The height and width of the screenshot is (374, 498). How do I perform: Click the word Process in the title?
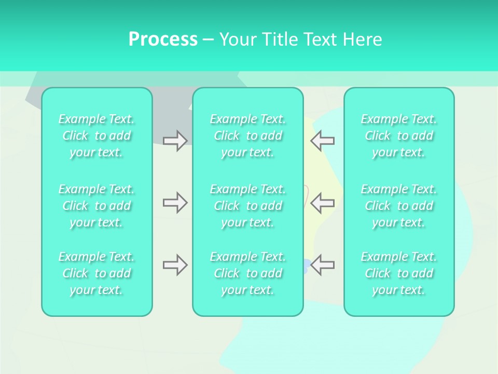(x=163, y=39)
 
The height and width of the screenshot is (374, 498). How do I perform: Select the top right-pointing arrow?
(x=175, y=141)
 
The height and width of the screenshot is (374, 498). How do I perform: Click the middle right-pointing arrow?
(x=175, y=203)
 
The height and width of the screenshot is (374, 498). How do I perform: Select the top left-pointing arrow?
(x=323, y=141)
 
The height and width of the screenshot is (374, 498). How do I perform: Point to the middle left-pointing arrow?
(x=323, y=203)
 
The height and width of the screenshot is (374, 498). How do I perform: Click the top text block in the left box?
(x=96, y=136)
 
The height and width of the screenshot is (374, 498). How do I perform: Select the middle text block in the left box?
(x=96, y=206)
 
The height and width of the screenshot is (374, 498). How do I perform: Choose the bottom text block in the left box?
(x=96, y=273)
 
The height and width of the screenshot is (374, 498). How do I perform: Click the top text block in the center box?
(x=247, y=136)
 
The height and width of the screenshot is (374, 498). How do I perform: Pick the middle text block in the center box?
(x=247, y=206)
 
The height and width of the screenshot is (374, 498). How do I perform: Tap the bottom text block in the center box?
(x=247, y=273)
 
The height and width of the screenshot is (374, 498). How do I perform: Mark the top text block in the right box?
(x=398, y=136)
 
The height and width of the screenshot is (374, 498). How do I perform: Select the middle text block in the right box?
(x=398, y=206)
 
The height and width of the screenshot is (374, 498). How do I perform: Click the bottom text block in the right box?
(x=398, y=273)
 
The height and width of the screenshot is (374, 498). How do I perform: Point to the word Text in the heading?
(x=321, y=39)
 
